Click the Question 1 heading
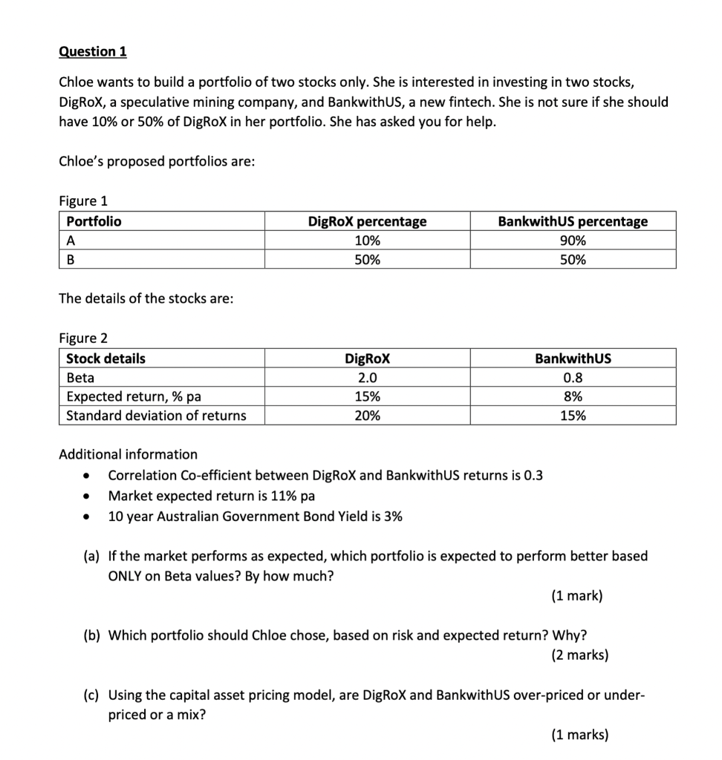(x=93, y=51)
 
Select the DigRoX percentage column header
(x=367, y=221)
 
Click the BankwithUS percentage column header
(x=572, y=221)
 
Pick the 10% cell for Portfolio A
(x=367, y=240)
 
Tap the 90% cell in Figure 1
(x=572, y=240)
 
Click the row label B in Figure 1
(x=71, y=260)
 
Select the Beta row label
(x=80, y=378)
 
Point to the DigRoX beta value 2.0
(x=367, y=378)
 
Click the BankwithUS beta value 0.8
(x=572, y=378)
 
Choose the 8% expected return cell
(x=572, y=396)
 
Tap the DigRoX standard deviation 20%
(x=367, y=416)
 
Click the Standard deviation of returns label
(x=156, y=416)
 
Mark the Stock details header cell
(x=105, y=358)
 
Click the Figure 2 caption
(x=83, y=338)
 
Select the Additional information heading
(x=128, y=454)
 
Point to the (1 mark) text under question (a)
(x=577, y=595)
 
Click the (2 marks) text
(x=579, y=655)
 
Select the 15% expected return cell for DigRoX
(x=367, y=396)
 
